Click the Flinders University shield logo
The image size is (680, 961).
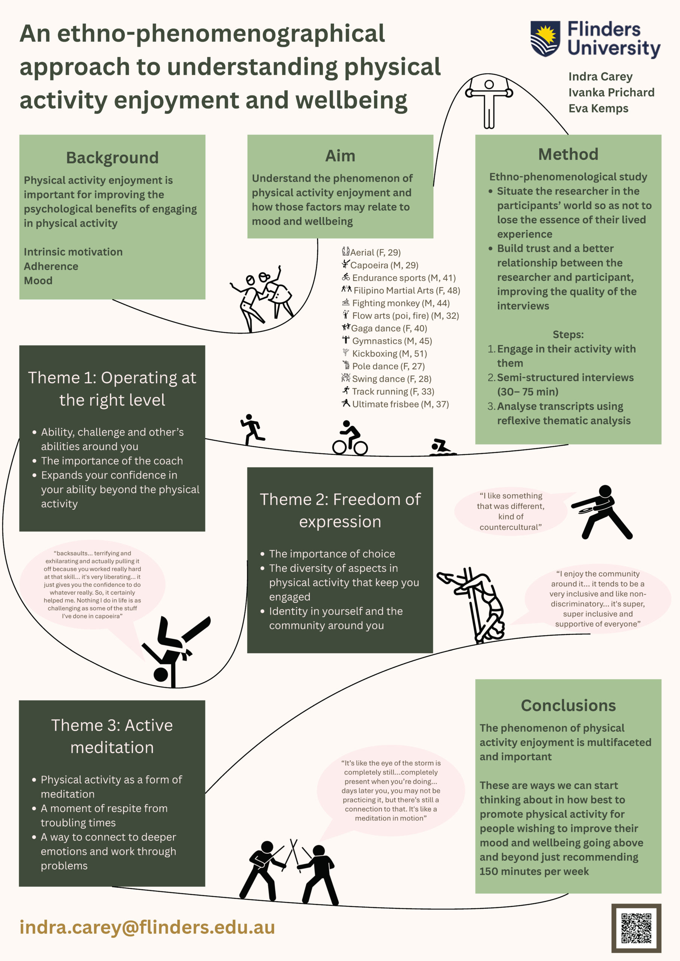click(545, 39)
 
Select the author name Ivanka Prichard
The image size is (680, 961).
click(611, 92)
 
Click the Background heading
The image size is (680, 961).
click(112, 158)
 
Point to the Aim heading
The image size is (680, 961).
click(340, 156)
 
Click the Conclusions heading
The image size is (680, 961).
click(568, 705)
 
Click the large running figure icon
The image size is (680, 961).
click(252, 429)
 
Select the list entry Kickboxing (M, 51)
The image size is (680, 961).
click(389, 354)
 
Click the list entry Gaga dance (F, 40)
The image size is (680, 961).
click(389, 328)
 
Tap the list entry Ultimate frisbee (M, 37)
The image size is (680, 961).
click(400, 404)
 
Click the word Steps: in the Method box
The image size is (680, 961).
click(568, 334)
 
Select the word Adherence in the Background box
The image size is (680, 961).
click(51, 266)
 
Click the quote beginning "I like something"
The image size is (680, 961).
click(510, 511)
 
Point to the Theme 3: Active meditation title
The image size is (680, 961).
click(112, 736)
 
